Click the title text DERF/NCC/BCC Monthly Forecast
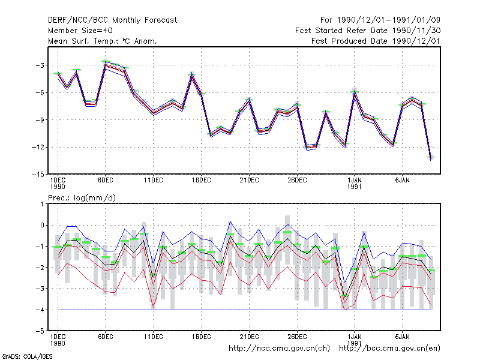(x=112, y=20)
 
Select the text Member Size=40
(x=80, y=31)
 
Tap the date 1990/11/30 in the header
(x=416, y=31)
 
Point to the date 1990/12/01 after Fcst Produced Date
(x=416, y=41)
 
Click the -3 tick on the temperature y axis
(x=40, y=65)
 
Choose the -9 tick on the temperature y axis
(x=40, y=119)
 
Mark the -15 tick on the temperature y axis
(x=38, y=174)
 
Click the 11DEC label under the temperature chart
(x=154, y=181)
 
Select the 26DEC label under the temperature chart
(x=297, y=181)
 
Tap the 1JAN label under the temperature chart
(x=355, y=181)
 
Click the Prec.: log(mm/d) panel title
(x=82, y=198)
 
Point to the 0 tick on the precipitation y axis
(x=42, y=226)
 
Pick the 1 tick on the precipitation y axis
(x=42, y=204)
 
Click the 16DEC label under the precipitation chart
(x=201, y=337)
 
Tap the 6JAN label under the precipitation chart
(x=402, y=337)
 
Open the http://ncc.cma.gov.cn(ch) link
(x=279, y=349)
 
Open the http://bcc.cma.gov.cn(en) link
(x=389, y=349)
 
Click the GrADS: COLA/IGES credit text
(x=27, y=356)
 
